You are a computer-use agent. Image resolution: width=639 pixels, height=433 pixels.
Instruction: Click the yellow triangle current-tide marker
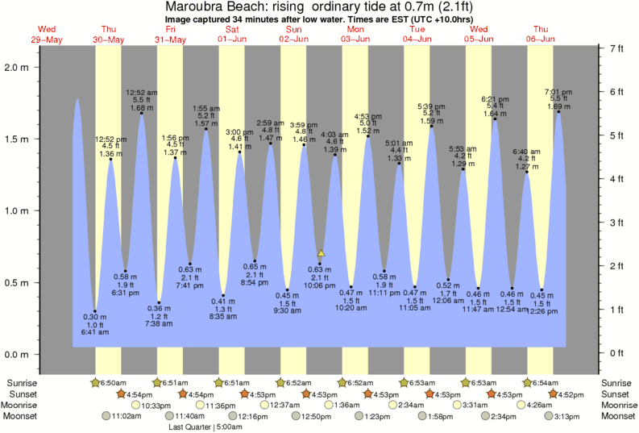[321, 253]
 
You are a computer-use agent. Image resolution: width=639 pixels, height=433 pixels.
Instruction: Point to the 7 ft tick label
[617, 49]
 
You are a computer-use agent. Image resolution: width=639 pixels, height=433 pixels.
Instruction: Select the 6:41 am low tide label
[95, 331]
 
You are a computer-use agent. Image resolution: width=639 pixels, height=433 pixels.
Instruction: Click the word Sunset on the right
[616, 393]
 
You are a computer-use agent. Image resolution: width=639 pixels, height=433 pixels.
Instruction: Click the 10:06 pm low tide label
[320, 285]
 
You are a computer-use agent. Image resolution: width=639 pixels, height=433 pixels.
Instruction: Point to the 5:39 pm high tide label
[432, 106]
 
